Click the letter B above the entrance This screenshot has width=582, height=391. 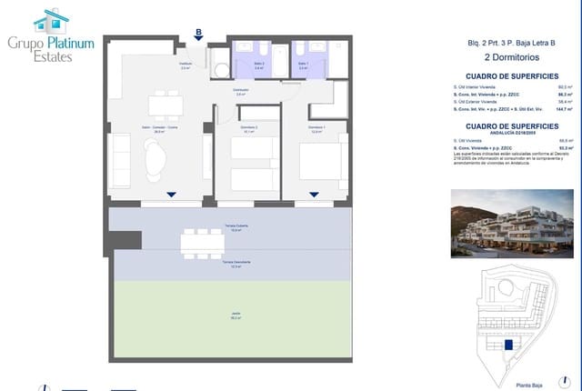[198, 32]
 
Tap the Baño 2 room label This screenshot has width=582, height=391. [234, 65]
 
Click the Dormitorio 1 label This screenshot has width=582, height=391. [315, 127]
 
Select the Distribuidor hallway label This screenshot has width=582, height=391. [240, 92]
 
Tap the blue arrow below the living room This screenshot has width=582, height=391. [172, 195]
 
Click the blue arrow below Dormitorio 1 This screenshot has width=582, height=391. [314, 195]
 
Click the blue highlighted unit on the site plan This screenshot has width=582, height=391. [508, 344]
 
